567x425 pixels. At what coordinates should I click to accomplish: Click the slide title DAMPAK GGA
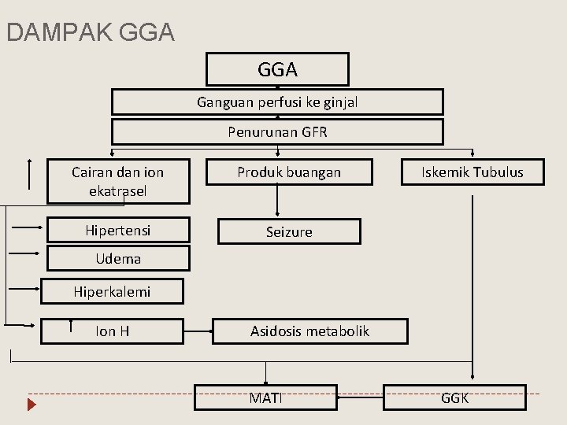coord(90,32)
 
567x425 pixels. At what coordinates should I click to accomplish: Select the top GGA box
coord(277,69)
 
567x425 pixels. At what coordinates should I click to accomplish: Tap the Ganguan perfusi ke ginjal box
coord(277,102)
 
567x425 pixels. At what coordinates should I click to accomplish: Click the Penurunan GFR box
coord(277,131)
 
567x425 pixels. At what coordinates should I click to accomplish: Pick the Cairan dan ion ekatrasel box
coord(118,181)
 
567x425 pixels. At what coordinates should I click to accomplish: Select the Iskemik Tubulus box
coord(472,172)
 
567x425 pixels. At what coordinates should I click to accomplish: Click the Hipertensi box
coord(118,231)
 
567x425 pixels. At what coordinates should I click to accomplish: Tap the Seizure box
coord(289,231)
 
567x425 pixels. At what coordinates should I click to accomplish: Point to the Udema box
coord(118,258)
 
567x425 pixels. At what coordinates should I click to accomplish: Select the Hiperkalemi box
coord(112,291)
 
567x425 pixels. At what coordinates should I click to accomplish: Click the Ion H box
coord(113,331)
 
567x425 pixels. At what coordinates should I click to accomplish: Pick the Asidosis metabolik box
coord(310,331)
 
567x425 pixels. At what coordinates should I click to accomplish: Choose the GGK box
coord(454,397)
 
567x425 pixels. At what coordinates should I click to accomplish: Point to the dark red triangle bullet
coord(32,407)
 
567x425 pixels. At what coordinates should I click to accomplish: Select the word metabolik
coord(339,331)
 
